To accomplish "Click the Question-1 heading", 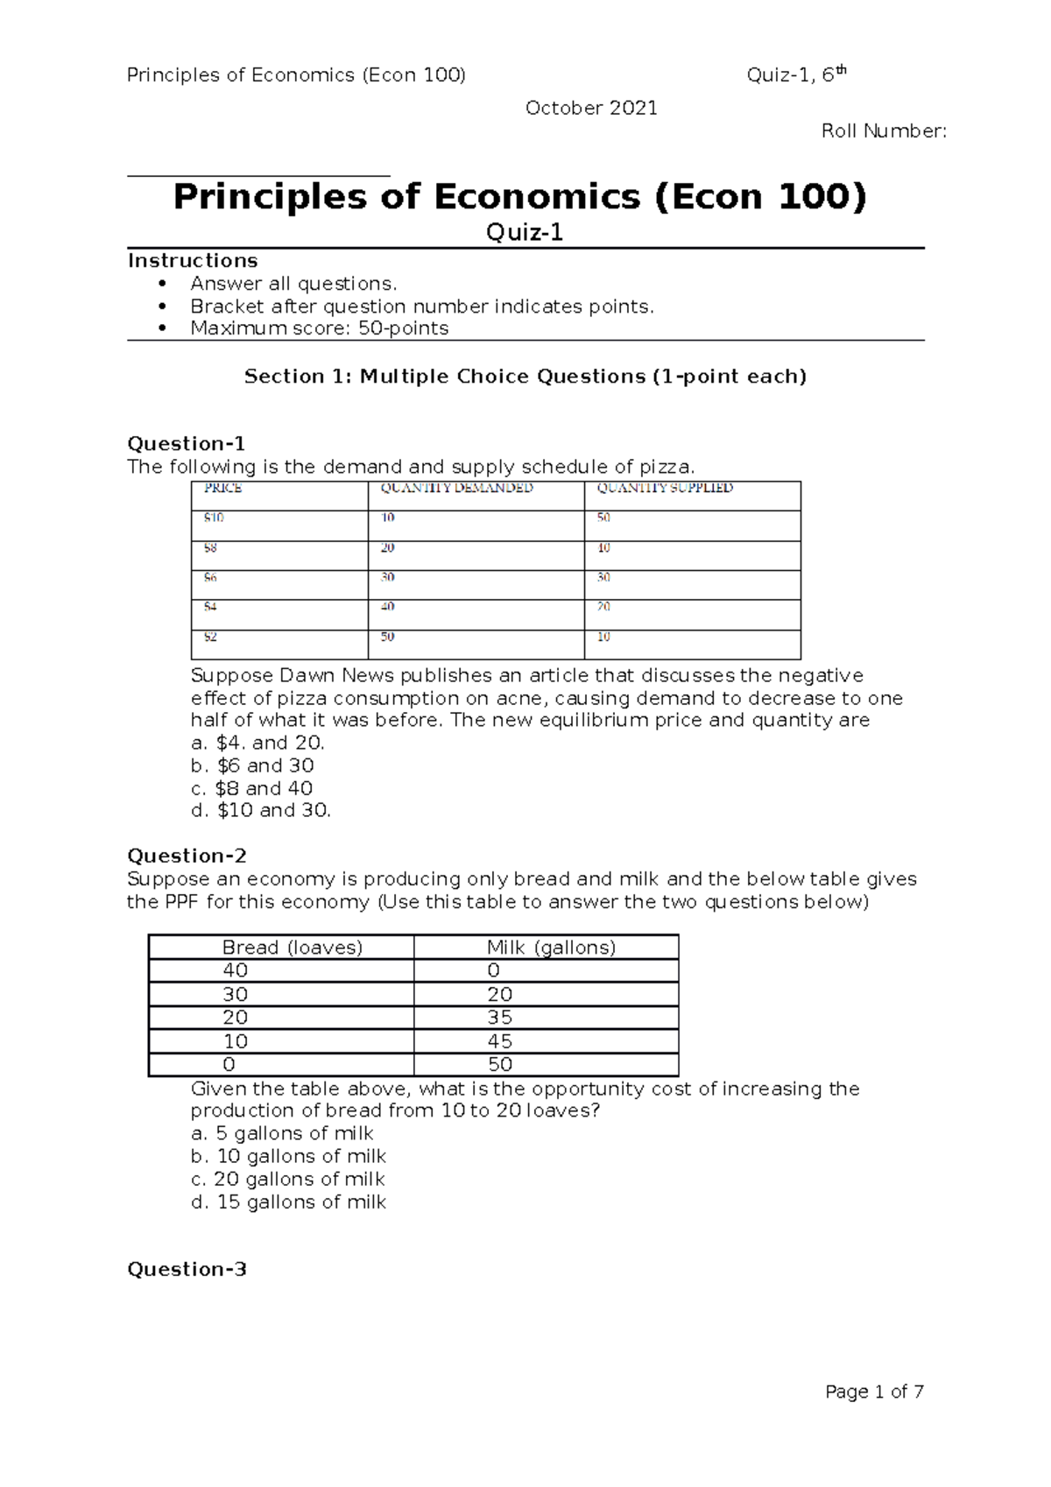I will (x=187, y=443).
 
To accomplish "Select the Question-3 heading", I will (x=187, y=1269).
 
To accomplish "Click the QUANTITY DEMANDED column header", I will (x=456, y=489).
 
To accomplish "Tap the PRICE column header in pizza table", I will (x=222, y=489).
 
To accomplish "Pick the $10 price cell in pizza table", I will (x=214, y=518).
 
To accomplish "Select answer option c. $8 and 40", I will (x=251, y=788).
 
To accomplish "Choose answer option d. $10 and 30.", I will (x=260, y=811).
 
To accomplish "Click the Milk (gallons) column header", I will (x=551, y=948).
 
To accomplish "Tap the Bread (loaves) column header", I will (x=293, y=948).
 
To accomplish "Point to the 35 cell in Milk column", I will (x=499, y=1018).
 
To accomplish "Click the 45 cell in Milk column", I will (x=499, y=1041).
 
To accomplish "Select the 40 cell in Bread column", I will (x=235, y=970).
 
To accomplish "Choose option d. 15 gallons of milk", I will (x=288, y=1202).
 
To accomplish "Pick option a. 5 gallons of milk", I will (x=282, y=1133).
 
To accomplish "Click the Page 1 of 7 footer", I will (x=874, y=1392).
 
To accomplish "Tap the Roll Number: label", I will (x=883, y=131).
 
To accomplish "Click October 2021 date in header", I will (x=590, y=108).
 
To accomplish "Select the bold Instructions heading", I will (x=193, y=261).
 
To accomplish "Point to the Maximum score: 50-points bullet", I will (x=319, y=328).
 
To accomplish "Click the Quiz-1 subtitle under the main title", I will (x=525, y=233).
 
